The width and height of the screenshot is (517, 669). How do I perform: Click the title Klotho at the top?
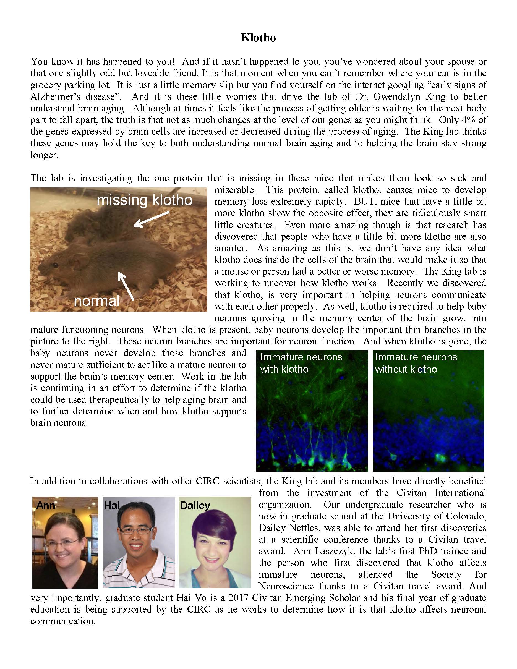click(x=258, y=38)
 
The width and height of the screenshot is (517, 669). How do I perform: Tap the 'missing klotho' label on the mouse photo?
click(x=145, y=201)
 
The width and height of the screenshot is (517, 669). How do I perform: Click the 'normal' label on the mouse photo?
click(x=96, y=301)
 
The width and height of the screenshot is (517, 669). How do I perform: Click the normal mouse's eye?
click(x=56, y=264)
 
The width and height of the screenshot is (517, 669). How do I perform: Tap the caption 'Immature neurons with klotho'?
click(x=301, y=363)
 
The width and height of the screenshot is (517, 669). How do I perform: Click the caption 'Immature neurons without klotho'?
click(x=416, y=363)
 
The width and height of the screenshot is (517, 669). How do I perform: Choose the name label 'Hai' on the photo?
click(x=112, y=505)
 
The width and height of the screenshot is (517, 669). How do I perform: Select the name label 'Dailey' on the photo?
click(x=195, y=505)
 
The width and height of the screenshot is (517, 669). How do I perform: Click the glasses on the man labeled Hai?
click(x=135, y=530)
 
